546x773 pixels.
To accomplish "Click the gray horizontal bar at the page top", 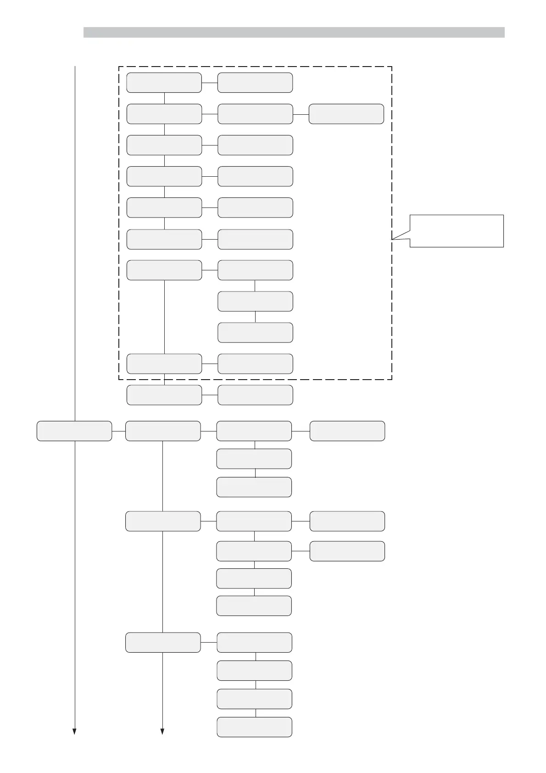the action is coord(294,32).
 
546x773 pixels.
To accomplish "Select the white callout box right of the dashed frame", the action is coord(457,231).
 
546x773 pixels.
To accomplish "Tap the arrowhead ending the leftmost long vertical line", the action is coord(74,731).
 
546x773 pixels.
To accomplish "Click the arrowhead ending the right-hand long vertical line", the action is coord(162,731).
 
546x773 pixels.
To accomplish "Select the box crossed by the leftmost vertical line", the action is coord(74,431).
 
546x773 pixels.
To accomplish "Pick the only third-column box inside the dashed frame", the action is coord(346,114).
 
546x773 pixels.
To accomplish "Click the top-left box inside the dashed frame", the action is coord(164,83).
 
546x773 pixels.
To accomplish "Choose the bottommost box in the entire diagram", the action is coord(255,727).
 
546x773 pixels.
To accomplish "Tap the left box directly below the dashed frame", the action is coord(164,395).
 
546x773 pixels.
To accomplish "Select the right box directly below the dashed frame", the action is coord(255,395).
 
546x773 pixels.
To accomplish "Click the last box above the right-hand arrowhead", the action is coord(163,642).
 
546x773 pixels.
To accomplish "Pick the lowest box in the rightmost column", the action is coord(347,551).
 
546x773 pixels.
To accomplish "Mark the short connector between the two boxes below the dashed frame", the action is coord(210,395).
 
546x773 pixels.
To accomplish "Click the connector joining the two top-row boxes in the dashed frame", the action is coord(210,83).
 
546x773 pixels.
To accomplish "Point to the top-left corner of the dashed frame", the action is coord(119,67).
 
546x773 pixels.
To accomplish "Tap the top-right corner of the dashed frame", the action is coord(392,67).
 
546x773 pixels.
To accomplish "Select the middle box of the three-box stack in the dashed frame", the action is coord(255,301).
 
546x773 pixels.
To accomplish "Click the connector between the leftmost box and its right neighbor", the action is coord(118,431).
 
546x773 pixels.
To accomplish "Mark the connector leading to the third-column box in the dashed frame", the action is coord(301,114).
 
